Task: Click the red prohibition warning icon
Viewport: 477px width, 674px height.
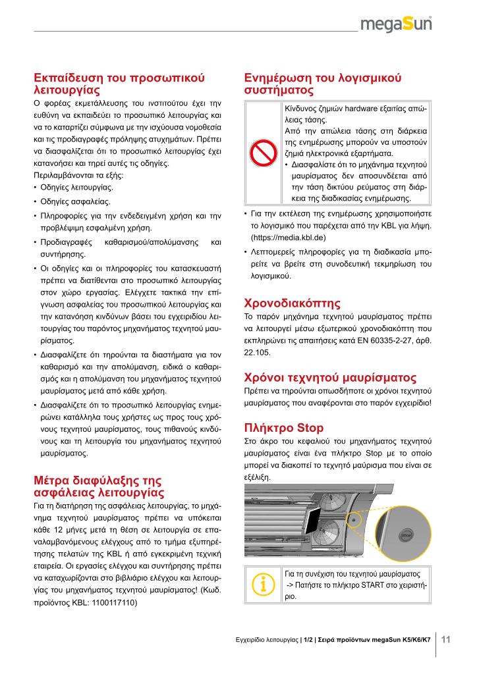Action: point(263,155)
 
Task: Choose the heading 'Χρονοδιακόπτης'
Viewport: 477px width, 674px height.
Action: point(292,303)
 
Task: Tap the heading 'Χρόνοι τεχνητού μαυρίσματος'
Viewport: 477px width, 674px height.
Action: point(330,378)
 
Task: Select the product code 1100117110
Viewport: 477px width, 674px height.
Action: point(115,602)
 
